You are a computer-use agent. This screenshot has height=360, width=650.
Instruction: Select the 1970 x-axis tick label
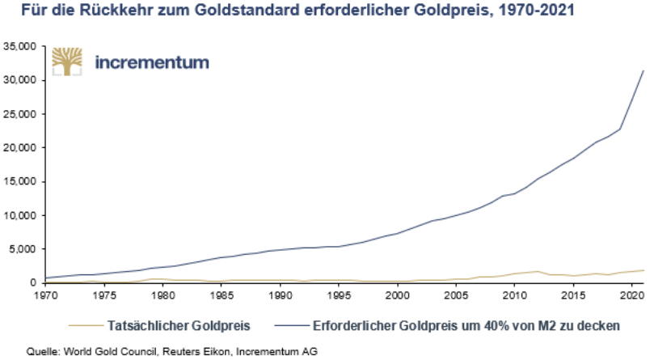pos(44,296)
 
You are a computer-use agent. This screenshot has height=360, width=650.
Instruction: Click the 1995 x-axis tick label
pos(339,296)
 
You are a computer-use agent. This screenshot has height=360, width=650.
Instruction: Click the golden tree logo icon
pos(68,62)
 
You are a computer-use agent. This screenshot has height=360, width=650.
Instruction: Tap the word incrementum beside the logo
pos(152,62)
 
